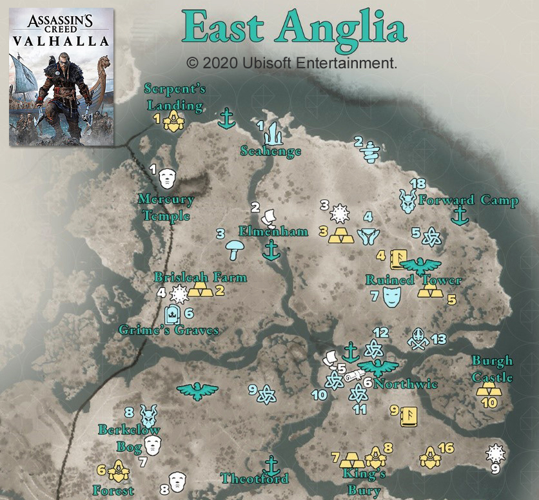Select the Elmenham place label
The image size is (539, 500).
click(x=273, y=231)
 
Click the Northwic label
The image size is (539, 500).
click(x=406, y=384)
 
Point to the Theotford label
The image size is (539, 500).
click(x=254, y=478)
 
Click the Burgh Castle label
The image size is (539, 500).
click(x=492, y=368)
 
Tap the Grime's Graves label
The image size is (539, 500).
click(x=169, y=331)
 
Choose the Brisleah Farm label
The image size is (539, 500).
click(x=200, y=277)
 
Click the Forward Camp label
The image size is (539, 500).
click(x=469, y=200)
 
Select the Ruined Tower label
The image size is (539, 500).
click(x=413, y=280)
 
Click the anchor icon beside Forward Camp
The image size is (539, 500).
click(x=460, y=216)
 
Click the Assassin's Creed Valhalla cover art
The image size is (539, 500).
click(x=62, y=77)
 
